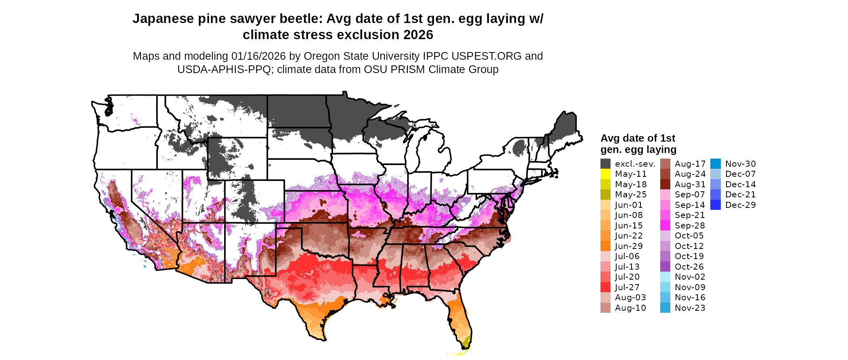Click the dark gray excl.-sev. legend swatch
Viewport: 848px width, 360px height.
coord(605,164)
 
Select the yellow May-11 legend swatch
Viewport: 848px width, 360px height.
coord(605,174)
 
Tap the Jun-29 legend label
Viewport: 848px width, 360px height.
coord(629,246)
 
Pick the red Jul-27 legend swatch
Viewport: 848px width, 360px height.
coord(605,287)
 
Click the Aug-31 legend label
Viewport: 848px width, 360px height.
coord(690,184)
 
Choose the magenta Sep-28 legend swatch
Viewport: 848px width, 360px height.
coord(665,226)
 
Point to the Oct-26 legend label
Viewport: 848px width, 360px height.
coord(689,267)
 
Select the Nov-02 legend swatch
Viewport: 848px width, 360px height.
coord(665,277)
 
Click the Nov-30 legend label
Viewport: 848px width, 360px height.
coord(741,164)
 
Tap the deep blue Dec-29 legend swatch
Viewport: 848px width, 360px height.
coord(715,205)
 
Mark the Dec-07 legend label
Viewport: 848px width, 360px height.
coord(741,174)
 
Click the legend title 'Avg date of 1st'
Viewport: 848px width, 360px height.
coord(638,138)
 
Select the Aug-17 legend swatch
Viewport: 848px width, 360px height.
coord(665,164)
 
